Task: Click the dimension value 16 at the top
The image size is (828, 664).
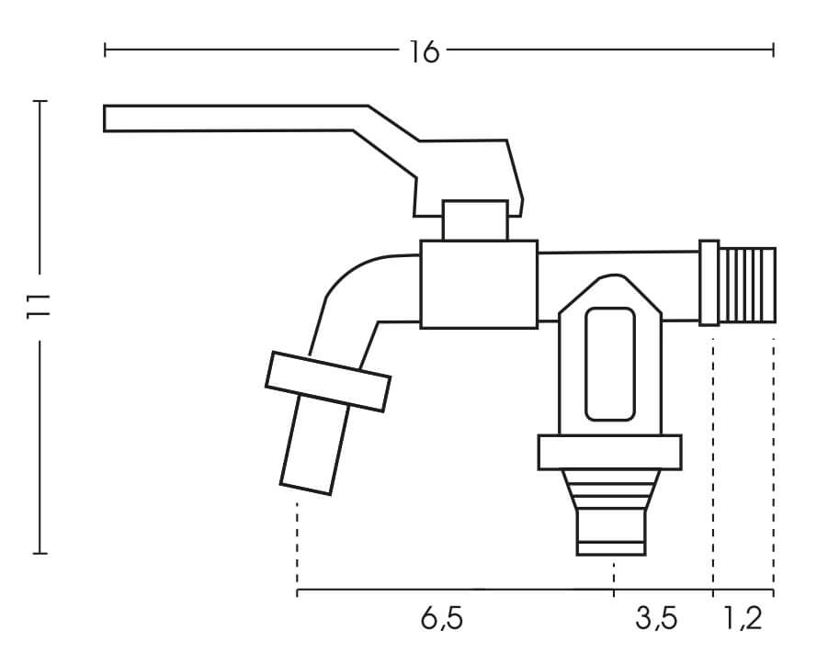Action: pos(424,51)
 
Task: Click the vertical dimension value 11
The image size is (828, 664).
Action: pos(38,306)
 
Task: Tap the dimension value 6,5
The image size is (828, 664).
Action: pos(441,618)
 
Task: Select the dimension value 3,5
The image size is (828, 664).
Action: pos(656,618)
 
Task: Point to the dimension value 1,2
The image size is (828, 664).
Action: pos(742,618)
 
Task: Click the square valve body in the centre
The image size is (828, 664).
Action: pos(479,285)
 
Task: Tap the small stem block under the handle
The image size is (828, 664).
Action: pos(475,220)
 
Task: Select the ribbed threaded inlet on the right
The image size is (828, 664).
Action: pos(748,285)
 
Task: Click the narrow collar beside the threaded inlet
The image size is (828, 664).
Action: pos(709,283)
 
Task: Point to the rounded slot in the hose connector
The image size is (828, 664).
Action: pos(610,365)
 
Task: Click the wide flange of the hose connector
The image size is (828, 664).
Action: pos(610,453)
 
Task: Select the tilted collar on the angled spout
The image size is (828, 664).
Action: pos(328,381)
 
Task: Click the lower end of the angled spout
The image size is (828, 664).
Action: pos(306,489)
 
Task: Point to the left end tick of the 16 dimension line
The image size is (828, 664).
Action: pos(105,51)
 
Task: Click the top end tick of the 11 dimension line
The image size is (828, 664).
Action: pos(40,101)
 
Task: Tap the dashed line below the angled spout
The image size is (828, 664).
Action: pos(298,545)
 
